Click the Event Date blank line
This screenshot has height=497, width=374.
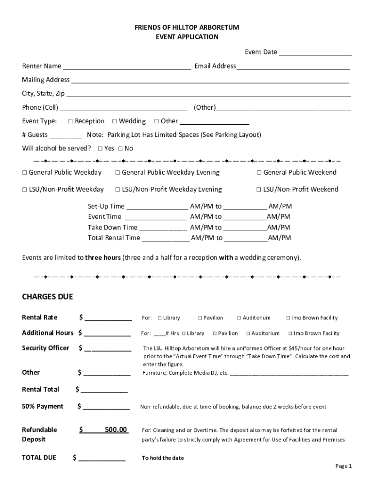point(315,53)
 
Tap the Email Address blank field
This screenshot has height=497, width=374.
point(293,66)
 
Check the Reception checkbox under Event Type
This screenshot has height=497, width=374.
point(70,121)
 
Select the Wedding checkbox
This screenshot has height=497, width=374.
point(115,121)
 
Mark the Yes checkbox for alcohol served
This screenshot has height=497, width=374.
point(100,149)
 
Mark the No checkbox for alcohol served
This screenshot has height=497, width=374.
point(120,149)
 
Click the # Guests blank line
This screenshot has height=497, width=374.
point(66,135)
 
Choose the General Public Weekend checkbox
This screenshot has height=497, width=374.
point(259,173)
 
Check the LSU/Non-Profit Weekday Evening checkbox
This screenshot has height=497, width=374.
point(118,189)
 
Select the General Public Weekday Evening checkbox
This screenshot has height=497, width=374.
point(118,173)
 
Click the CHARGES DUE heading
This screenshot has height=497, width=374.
point(47,297)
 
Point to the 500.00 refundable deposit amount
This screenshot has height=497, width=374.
point(116,430)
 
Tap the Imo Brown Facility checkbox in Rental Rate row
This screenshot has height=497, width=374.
point(288,318)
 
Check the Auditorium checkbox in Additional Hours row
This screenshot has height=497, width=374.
point(248,333)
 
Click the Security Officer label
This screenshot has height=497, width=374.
point(46,348)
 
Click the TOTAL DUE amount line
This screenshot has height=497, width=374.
point(102,458)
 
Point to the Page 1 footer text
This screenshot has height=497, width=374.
point(343,466)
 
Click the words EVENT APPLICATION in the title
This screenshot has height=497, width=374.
point(187,37)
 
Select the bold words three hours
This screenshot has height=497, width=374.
point(103,258)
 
